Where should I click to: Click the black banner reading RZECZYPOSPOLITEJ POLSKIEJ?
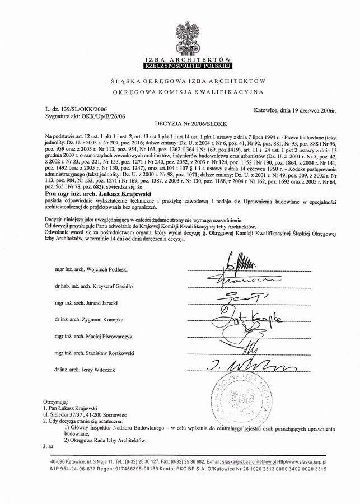tap(180, 65)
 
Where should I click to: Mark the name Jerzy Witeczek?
tap(106, 370)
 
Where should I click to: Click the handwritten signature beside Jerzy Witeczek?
tap(238, 367)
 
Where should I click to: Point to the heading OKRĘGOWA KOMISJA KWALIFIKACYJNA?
tap(180, 91)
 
